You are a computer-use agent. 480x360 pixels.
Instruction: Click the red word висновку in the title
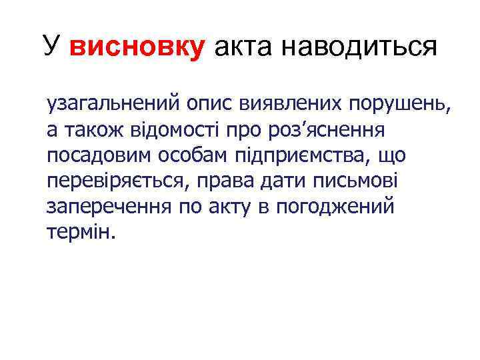coord(136,48)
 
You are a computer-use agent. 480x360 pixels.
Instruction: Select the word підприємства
coord(303,156)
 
